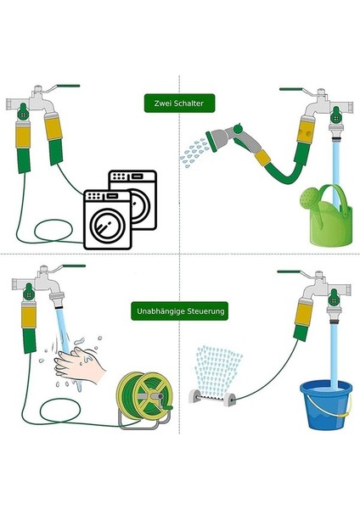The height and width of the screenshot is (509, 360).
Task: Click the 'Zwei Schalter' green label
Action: (x=179, y=103)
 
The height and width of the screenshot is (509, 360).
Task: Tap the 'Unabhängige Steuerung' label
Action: (x=180, y=311)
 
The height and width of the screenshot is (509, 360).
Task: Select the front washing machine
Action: (x=108, y=220)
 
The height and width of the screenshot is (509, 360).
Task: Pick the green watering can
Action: (x=327, y=215)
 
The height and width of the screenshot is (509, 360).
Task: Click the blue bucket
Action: (x=326, y=404)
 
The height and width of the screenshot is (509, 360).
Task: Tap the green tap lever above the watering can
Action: (x=291, y=89)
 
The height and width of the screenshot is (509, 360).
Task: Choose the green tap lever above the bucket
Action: (x=289, y=271)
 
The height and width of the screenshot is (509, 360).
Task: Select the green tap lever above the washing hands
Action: (x=74, y=266)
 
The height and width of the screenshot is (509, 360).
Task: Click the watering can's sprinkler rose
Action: (x=307, y=198)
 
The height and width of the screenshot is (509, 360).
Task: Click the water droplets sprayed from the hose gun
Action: (x=194, y=152)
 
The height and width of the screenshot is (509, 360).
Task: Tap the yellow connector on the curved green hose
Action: (x=263, y=158)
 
